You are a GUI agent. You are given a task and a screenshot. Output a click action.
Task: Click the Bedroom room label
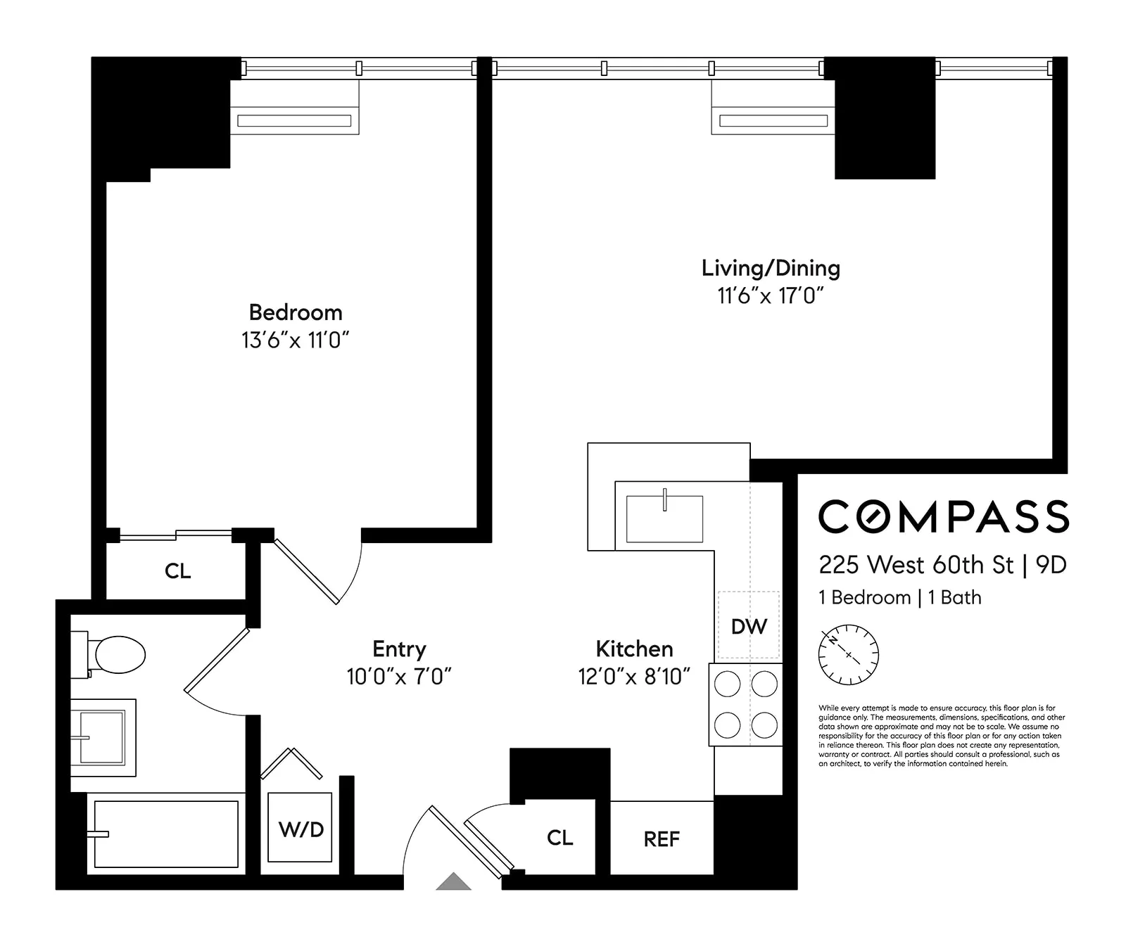296,312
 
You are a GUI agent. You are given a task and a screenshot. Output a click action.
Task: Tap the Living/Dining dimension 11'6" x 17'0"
770,295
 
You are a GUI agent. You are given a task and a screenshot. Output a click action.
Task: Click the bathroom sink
103,737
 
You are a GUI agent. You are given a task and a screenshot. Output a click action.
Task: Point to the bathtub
166,834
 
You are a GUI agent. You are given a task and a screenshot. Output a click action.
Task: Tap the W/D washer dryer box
301,829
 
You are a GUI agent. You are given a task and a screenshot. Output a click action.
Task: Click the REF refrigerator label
662,838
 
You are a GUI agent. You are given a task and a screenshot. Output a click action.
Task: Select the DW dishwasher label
749,626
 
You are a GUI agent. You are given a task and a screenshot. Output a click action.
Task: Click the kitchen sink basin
664,518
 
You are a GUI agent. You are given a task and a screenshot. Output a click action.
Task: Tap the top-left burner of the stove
728,684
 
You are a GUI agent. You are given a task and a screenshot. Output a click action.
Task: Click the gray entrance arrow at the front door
453,882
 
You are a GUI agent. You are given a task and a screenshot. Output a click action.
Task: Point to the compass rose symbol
849,654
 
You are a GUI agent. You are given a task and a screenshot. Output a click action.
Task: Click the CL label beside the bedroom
177,570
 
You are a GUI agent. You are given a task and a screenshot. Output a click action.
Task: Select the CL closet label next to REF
559,837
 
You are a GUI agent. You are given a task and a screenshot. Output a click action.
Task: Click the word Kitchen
634,649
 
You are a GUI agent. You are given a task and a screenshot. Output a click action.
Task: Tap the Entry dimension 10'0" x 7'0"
398,677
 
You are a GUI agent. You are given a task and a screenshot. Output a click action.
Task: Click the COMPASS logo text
943,517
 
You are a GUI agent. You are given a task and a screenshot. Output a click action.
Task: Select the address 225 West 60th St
916,565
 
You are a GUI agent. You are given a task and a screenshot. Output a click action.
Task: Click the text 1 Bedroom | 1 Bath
899,597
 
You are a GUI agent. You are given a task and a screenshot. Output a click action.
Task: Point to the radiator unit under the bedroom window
294,121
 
